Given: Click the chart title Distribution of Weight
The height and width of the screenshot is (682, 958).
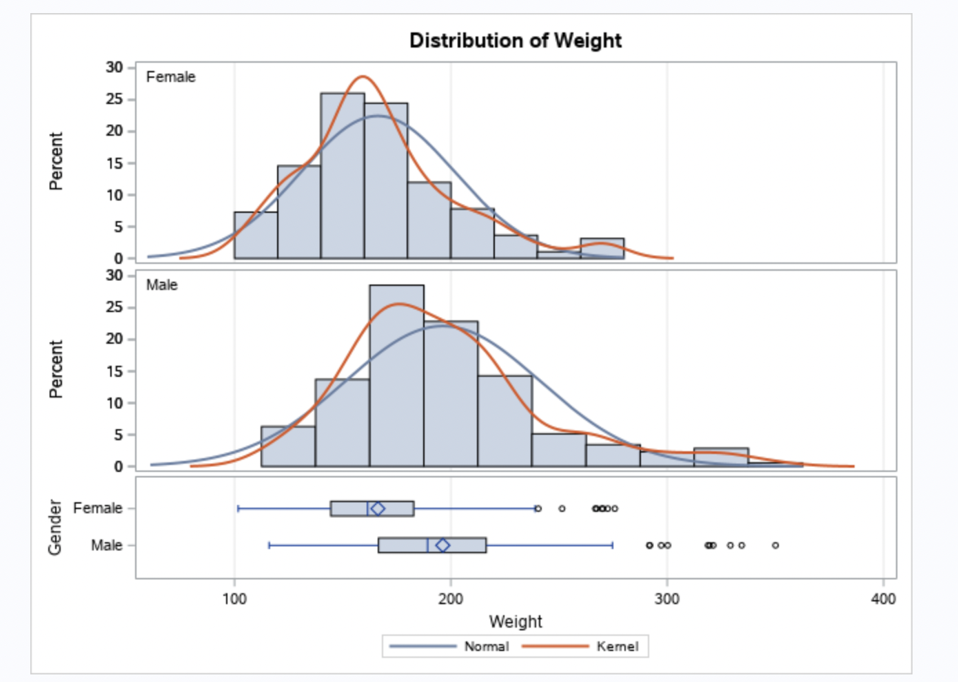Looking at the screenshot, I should [x=515, y=41].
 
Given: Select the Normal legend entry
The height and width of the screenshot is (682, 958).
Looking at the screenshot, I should [x=486, y=646].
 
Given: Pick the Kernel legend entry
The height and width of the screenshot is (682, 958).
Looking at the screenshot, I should [x=617, y=646].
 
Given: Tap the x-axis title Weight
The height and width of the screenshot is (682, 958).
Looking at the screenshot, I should [x=515, y=621].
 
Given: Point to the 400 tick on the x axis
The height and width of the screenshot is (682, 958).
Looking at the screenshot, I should [x=883, y=599].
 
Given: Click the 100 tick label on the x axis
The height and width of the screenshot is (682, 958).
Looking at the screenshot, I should [x=234, y=599].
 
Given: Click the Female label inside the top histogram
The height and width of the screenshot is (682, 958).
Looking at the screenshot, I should [x=170, y=77].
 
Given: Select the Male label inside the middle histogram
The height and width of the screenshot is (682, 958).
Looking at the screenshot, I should [x=161, y=285].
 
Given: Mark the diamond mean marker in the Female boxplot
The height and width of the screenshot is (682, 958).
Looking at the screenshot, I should [x=378, y=508].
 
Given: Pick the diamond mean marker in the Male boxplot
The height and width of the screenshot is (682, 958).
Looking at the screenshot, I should [x=442, y=545].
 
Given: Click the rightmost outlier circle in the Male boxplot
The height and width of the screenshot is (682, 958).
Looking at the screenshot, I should [x=775, y=545].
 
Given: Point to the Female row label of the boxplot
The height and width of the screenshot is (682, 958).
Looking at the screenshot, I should [x=97, y=508].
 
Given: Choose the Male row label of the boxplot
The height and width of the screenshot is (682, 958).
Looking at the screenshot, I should [x=106, y=545].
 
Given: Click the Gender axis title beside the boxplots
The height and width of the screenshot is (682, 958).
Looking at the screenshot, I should [x=55, y=527].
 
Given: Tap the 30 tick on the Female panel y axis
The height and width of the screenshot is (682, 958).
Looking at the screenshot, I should [x=114, y=68].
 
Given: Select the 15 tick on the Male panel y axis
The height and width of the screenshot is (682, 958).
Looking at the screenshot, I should [x=114, y=371].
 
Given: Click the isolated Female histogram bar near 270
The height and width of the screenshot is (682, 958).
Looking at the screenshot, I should [x=602, y=249].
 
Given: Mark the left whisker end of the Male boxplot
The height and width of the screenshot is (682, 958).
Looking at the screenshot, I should [x=269, y=545].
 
